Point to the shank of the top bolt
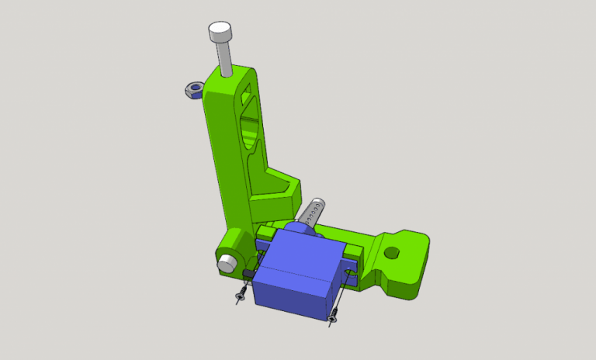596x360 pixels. coord(225,59)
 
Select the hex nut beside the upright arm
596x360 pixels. coord(192,91)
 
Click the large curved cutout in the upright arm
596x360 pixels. coord(250,127)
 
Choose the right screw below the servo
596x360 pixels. coord(332,316)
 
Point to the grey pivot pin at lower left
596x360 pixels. coord(226,262)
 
